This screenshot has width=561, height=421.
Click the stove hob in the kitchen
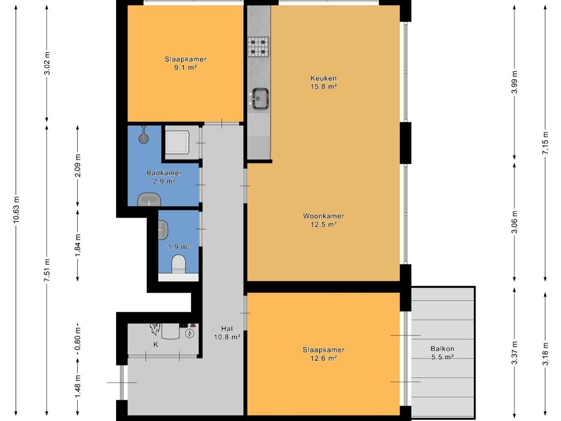click(259, 47)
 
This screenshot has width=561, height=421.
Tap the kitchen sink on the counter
click(260, 99)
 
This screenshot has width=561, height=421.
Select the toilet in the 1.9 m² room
click(179, 264)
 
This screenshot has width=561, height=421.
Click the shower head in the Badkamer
click(144, 135)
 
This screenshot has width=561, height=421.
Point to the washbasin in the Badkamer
click(149, 200)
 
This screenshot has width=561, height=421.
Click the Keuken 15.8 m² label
click(323, 82)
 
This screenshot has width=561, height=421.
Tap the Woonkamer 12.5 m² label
click(323, 220)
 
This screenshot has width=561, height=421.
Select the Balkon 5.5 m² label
click(443, 352)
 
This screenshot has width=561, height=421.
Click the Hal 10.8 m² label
click(227, 333)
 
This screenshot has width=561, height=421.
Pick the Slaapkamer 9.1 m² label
click(185, 64)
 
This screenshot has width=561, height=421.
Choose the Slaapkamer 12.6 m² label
click(323, 354)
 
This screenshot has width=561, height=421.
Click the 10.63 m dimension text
click(16, 210)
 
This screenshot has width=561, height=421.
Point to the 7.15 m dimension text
click(545, 143)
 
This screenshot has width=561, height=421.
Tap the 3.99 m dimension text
click(514, 82)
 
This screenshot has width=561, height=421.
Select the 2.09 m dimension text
click(78, 166)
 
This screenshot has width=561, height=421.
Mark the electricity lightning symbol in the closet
click(189, 334)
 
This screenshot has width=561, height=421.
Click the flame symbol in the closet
click(155, 329)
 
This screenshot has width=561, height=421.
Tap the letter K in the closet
click(156, 344)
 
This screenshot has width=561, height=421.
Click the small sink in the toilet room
click(163, 230)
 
